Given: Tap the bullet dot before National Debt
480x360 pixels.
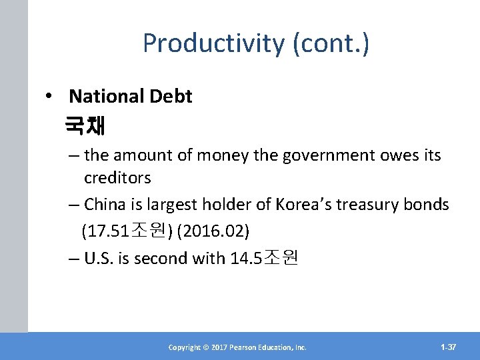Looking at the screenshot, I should (50, 97).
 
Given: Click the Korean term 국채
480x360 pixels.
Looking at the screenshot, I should (85, 125).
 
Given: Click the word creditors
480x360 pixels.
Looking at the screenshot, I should (117, 178).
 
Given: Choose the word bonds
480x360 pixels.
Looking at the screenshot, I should (427, 205).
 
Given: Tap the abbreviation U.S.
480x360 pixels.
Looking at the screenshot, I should (100, 258).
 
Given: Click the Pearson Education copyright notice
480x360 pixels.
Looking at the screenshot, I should (237, 347).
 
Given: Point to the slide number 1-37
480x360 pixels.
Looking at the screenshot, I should (448, 347).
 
